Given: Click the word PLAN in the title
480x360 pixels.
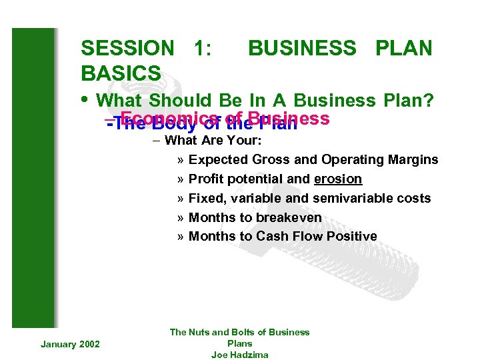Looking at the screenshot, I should [x=404, y=49].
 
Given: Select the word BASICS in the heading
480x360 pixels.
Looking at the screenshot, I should [x=121, y=73].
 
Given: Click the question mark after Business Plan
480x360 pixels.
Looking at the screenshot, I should [x=430, y=101].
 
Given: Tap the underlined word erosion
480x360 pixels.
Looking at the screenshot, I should [x=338, y=179].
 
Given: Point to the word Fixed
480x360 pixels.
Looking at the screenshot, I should [x=204, y=199].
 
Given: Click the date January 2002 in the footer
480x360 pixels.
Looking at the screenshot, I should [x=70, y=343].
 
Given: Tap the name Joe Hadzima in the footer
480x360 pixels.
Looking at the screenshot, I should [x=239, y=355].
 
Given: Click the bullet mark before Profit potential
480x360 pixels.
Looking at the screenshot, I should [x=181, y=179].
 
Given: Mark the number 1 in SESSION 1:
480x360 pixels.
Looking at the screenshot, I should [x=199, y=49].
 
